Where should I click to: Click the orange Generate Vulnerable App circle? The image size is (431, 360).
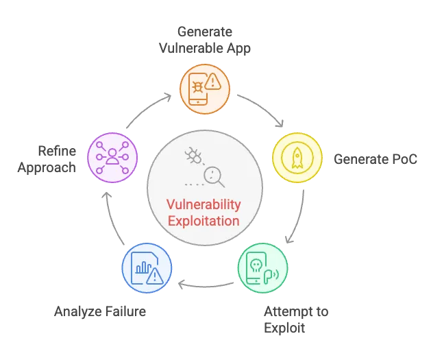(205, 85)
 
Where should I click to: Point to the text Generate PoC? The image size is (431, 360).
(375, 159)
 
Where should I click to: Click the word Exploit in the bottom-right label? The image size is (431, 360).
(284, 327)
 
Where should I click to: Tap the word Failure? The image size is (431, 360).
(124, 311)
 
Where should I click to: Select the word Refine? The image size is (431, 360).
(58, 151)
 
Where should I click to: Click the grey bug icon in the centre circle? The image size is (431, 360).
(193, 157)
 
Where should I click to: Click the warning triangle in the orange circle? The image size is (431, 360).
(214, 83)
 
